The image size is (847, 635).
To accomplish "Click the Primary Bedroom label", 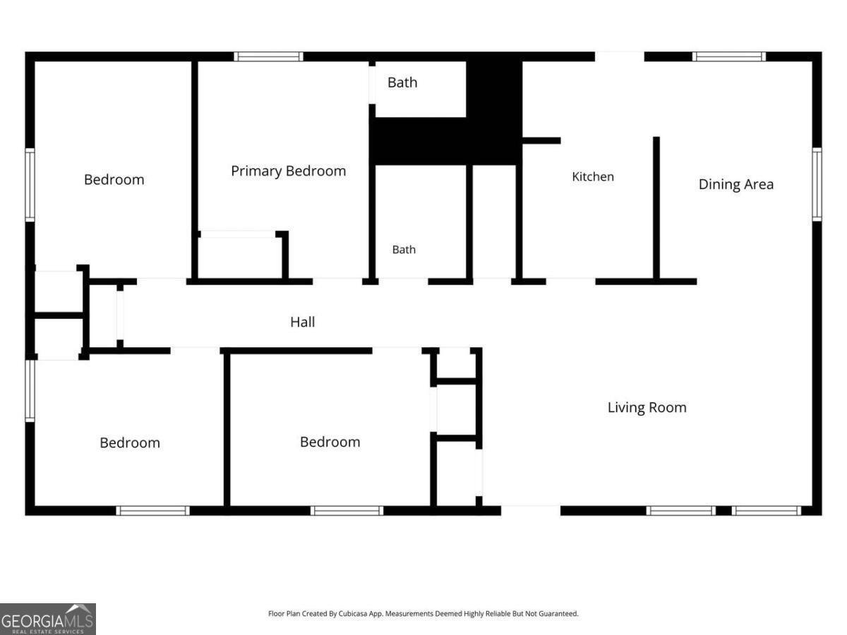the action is [288, 171].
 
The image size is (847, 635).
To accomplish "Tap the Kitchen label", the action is [593, 176].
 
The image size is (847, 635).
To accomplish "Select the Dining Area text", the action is [736, 184].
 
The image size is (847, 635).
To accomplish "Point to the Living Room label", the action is [647, 408].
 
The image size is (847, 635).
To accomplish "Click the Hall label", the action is [303, 322].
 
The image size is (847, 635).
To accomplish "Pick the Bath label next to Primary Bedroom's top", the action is [402, 83].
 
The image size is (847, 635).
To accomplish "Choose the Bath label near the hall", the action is [404, 250].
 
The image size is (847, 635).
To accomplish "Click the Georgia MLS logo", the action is [48, 619].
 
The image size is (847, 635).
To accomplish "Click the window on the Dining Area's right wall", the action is [817, 184].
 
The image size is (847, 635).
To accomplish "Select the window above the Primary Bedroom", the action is [269, 56].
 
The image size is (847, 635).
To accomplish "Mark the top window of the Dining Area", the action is [729, 56].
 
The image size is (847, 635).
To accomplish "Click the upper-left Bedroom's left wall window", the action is [30, 185].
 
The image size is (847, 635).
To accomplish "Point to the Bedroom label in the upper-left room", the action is [114, 180].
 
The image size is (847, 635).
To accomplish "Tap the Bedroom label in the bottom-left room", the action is [130, 442].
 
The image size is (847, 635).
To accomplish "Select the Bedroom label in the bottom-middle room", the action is [330, 442].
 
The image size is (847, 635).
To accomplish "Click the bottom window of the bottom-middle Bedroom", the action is [347, 510].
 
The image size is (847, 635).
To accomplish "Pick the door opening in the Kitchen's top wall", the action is [619, 56].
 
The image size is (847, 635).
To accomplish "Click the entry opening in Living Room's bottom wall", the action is [531, 510].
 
